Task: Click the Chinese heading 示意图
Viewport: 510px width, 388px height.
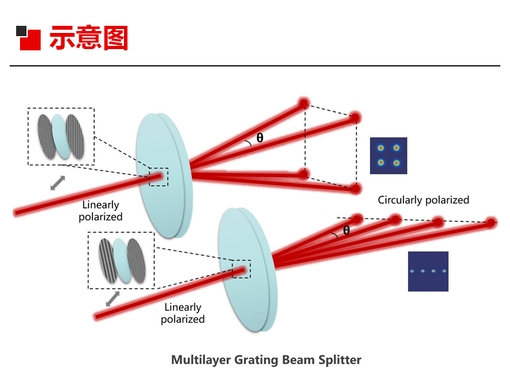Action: coord(88,38)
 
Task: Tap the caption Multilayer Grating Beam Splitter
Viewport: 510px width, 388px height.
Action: coord(266,360)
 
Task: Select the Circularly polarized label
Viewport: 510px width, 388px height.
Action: coord(423,200)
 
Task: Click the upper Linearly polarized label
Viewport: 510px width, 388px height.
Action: coord(101,211)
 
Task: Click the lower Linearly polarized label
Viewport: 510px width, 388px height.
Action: coord(183,313)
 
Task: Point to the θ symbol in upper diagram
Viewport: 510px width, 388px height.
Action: coord(260,138)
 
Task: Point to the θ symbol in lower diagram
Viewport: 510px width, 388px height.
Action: coord(346,230)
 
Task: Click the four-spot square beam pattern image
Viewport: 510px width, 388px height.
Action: coord(388,155)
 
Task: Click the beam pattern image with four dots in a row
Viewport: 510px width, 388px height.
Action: coord(427,271)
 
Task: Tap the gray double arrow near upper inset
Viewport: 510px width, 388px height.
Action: coord(58,183)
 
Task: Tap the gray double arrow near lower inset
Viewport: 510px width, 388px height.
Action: coord(113,298)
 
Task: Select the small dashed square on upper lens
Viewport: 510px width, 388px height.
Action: coord(158,177)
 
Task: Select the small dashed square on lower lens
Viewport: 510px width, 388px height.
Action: coord(241,269)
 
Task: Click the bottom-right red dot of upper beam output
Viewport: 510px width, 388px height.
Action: coord(355,189)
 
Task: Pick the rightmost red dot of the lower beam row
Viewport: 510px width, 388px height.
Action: coord(491,223)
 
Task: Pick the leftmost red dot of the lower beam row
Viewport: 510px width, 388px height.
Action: coord(357,218)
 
